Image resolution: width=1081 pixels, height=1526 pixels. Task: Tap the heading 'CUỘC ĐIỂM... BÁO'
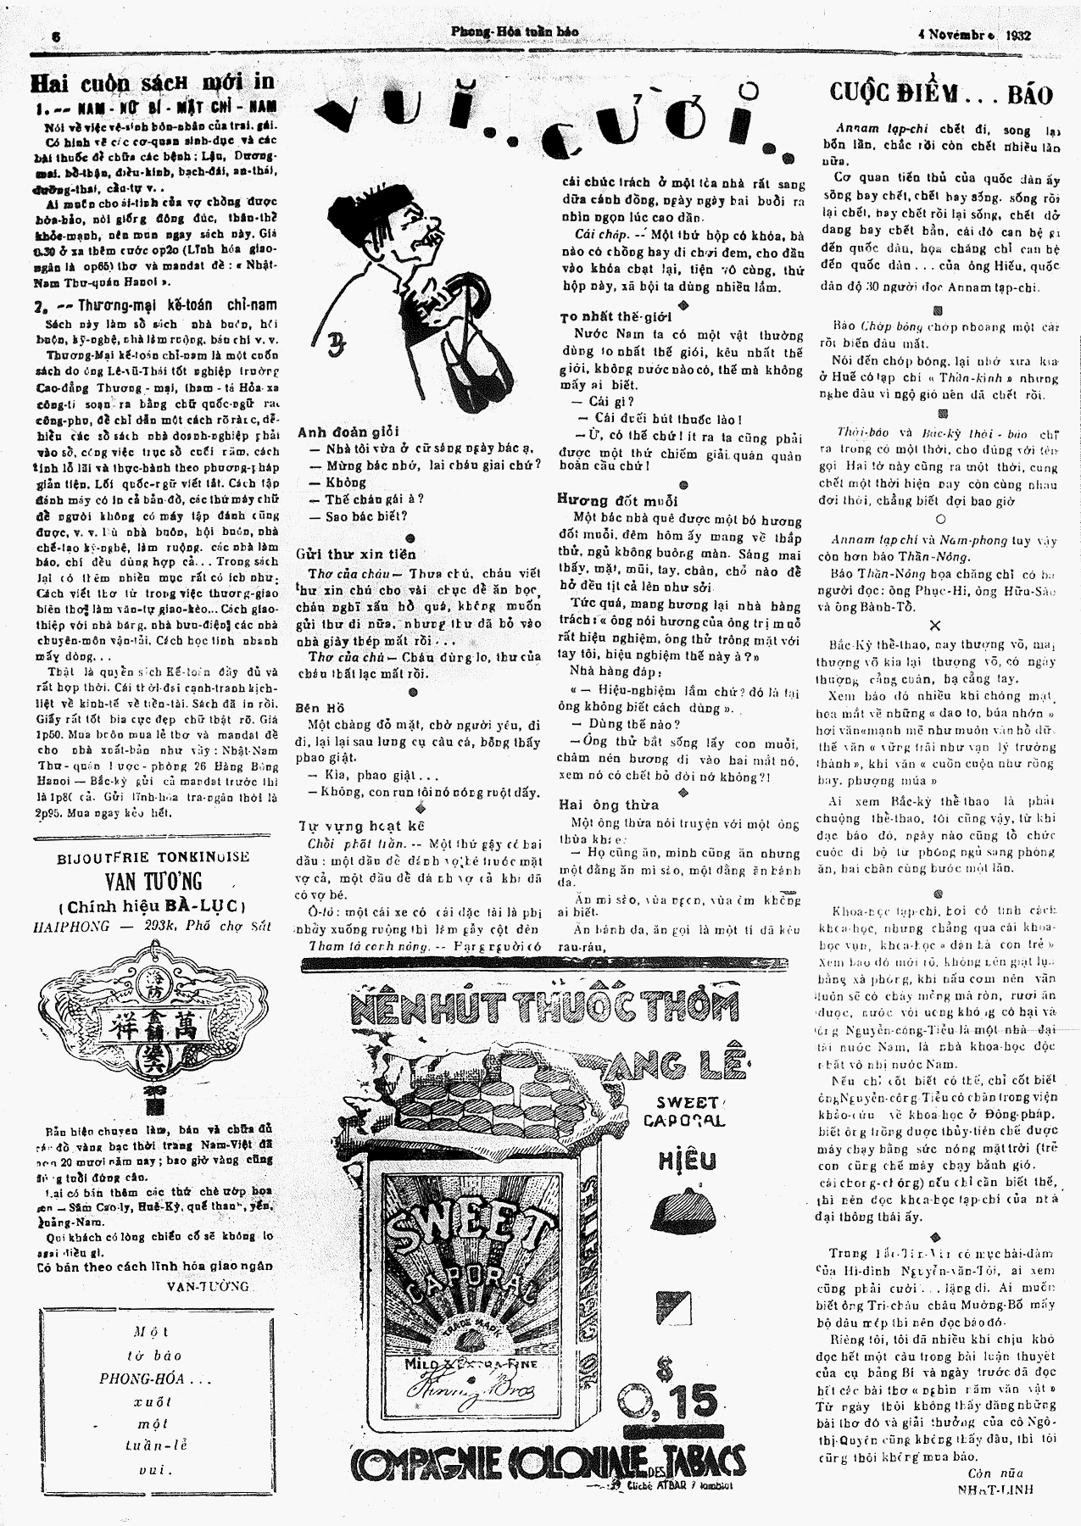(940, 93)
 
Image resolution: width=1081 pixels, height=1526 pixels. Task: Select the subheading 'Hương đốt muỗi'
(607, 499)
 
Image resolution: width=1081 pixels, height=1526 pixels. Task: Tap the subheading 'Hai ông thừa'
(608, 805)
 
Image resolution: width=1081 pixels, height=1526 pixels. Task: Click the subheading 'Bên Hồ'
(320, 706)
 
